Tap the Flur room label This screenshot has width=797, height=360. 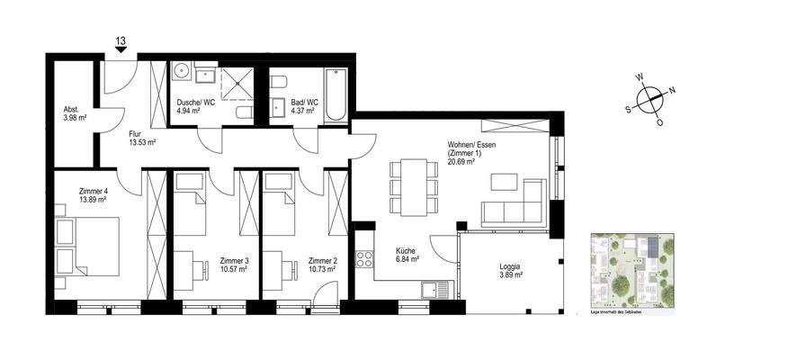click(x=137, y=132)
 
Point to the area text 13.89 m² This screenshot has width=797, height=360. click(x=94, y=200)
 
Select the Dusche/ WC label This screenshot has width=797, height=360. click(x=195, y=102)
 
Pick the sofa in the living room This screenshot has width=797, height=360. click(x=515, y=203)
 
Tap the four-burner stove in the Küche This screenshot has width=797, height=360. click(x=365, y=259)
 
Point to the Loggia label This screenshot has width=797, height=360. click(x=510, y=267)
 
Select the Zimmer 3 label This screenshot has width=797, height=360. click(x=234, y=261)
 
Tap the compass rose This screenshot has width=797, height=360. click(x=654, y=98)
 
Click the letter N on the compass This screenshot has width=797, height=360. click(x=673, y=90)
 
